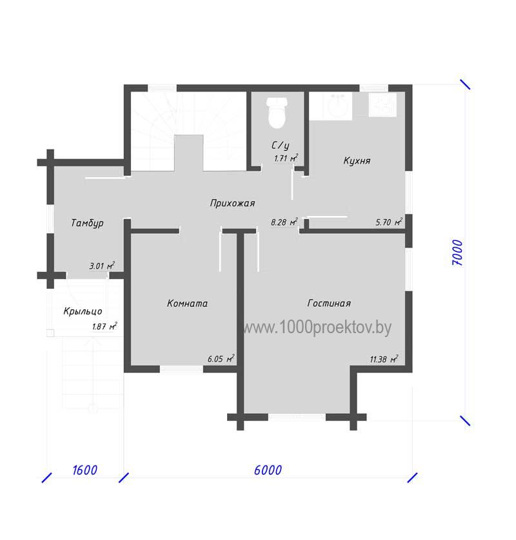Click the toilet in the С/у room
click(x=277, y=112)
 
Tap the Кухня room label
click(x=357, y=161)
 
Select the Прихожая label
click(x=233, y=203)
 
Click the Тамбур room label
click(x=87, y=223)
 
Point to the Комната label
click(x=187, y=304)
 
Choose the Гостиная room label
click(x=329, y=304)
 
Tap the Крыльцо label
click(x=83, y=311)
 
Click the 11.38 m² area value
click(x=384, y=359)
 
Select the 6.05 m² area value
click(x=221, y=358)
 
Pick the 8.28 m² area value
click(x=284, y=222)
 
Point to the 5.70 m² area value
click(x=389, y=222)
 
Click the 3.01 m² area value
click(x=102, y=265)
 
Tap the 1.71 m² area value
click(x=286, y=158)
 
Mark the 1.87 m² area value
click(x=104, y=326)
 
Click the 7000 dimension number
click(x=457, y=253)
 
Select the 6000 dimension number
click(x=268, y=470)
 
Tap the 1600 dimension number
click(x=84, y=470)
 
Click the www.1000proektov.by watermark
click(x=317, y=327)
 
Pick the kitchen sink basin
click(x=335, y=105)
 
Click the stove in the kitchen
click(x=382, y=104)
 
